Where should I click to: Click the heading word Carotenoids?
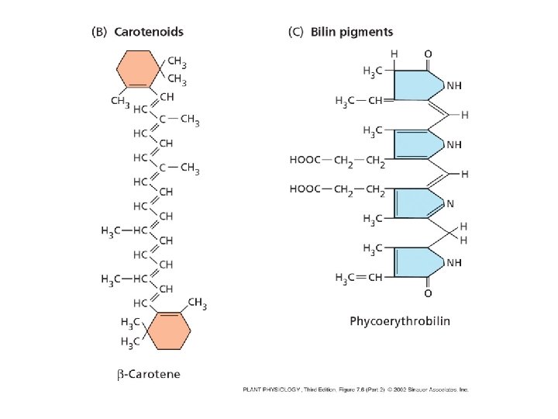(x=149, y=33)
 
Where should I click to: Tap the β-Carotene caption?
(x=149, y=374)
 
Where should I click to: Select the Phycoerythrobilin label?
(x=400, y=320)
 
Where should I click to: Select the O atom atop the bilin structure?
(x=428, y=54)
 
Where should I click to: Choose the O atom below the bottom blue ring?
(x=428, y=294)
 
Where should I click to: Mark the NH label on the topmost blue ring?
(x=454, y=85)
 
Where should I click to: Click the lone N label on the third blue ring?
(x=449, y=203)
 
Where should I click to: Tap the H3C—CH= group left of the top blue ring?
(x=361, y=100)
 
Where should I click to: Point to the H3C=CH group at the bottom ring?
(x=359, y=278)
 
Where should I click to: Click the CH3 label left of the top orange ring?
(x=119, y=100)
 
